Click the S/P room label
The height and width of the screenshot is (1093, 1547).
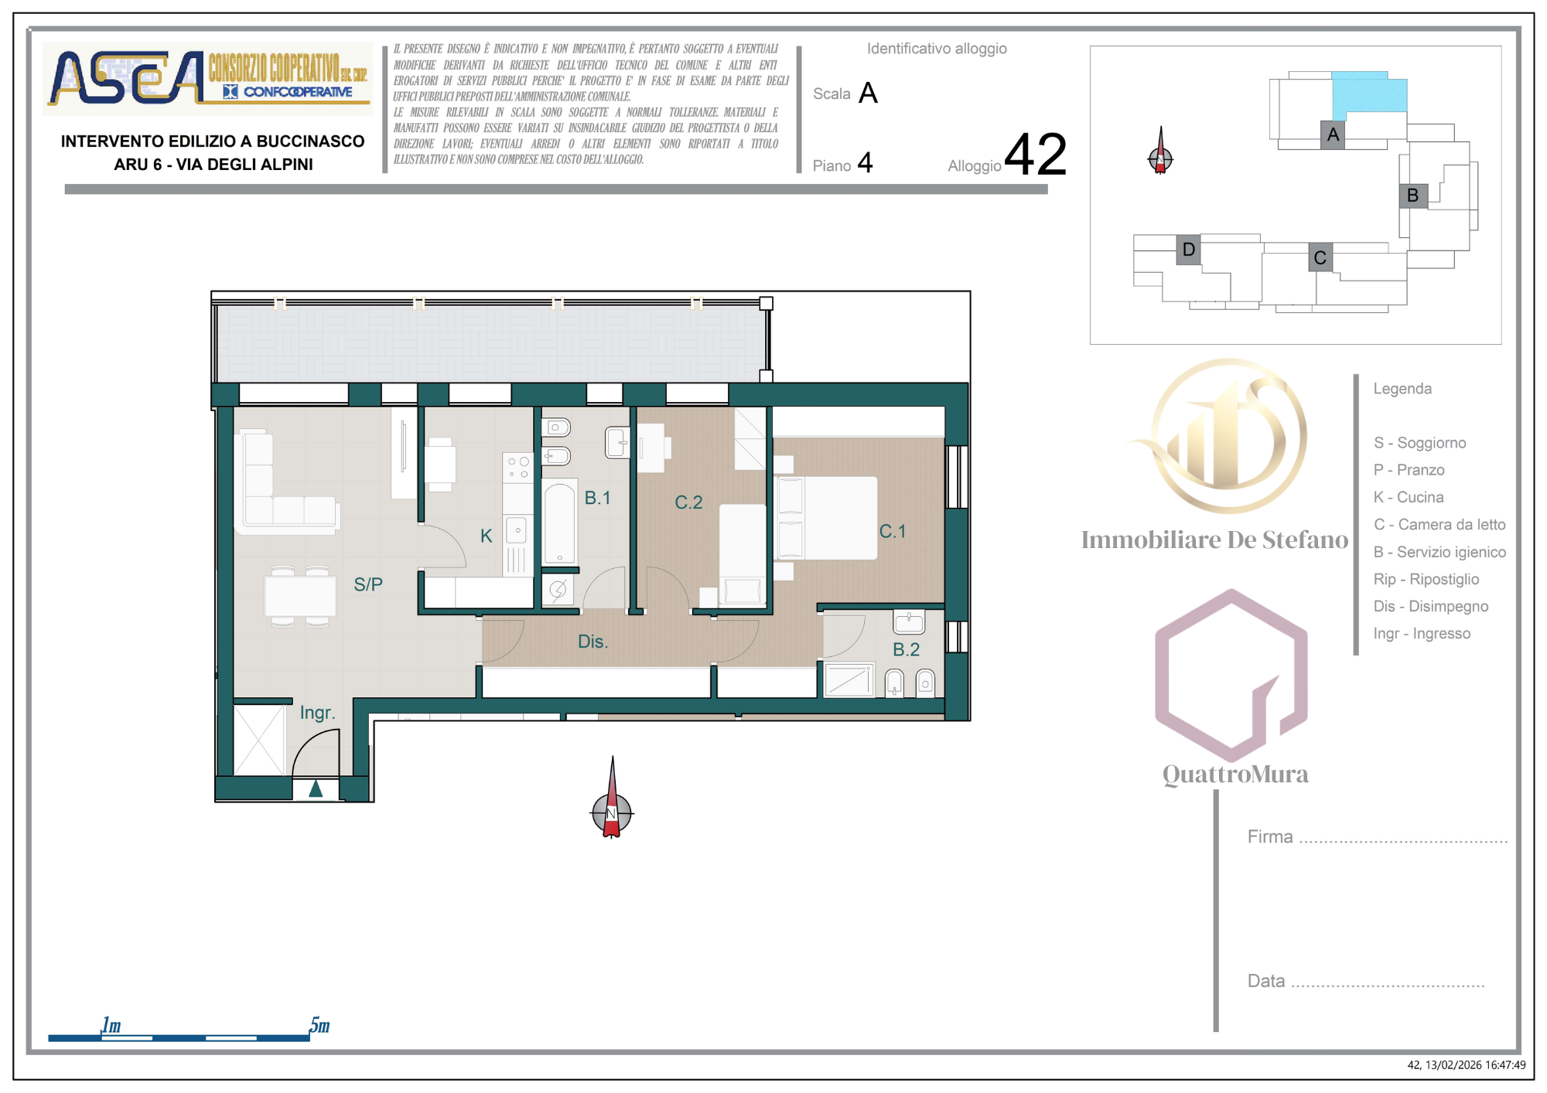coord(368,584)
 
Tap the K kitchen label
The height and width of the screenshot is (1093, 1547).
coord(486,536)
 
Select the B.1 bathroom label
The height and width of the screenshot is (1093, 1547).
coord(597,498)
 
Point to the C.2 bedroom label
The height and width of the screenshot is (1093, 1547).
coord(688,502)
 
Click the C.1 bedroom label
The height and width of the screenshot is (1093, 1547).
coord(893,531)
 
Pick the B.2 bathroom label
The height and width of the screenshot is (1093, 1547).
coord(907,649)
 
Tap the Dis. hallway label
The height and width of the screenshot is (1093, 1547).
coord(593,642)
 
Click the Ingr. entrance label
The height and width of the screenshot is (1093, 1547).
coord(317,713)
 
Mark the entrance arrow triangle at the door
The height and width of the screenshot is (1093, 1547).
coord(316,788)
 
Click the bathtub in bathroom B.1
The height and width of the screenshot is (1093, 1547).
coord(559,523)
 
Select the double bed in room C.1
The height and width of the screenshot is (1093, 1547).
coord(826,518)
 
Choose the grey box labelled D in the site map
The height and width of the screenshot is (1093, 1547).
coord(1189,250)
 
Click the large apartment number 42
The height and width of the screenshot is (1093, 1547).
coord(1036,154)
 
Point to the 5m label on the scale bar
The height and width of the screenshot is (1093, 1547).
coord(319,1025)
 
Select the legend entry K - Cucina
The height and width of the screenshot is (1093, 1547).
coord(1409,497)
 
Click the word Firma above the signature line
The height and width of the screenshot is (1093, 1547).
coord(1270,836)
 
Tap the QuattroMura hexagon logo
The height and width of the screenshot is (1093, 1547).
coord(1231,675)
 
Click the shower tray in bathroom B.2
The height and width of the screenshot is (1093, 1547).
coord(849,679)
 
